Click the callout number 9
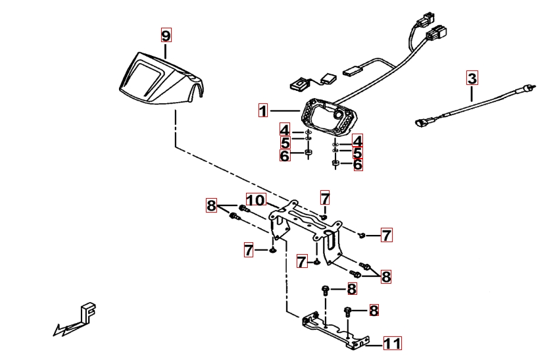point(166,34)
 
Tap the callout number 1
point(263,111)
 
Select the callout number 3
point(472,78)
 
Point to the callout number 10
point(255,199)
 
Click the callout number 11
point(392,343)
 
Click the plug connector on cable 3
point(422,122)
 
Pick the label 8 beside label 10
point(211,205)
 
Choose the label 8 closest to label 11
point(374,310)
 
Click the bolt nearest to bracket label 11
point(349,311)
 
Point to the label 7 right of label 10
point(325,197)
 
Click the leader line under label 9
point(166,49)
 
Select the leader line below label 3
point(472,92)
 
